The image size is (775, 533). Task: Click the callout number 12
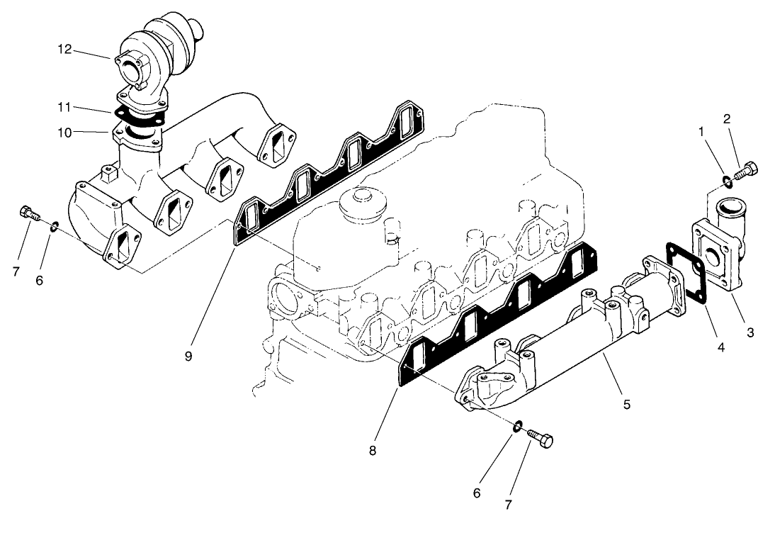65,49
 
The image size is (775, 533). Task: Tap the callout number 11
64,107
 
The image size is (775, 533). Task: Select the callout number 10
64,131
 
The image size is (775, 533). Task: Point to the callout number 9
188,356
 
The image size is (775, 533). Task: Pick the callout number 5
626,404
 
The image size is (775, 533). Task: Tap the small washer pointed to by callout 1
725,181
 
